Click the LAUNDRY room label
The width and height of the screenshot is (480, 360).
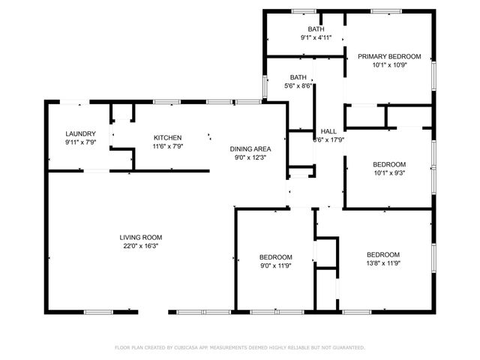[81, 133]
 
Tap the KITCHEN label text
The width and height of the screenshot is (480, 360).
[167, 138]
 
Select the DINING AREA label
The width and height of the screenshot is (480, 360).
[250, 149]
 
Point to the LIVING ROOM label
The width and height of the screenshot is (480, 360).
[141, 238]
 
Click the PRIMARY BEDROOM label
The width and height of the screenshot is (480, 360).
[388, 56]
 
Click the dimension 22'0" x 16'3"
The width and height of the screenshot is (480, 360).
[141, 246]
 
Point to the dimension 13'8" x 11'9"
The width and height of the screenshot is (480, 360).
[382, 263]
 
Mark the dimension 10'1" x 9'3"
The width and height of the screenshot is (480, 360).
[389, 173]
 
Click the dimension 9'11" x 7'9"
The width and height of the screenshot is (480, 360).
[81, 142]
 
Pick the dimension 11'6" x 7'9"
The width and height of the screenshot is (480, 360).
[167, 146]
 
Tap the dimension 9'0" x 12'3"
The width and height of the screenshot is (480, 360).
[250, 157]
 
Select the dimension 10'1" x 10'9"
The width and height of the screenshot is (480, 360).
[388, 65]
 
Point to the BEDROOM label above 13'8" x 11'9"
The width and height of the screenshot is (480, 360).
[382, 254]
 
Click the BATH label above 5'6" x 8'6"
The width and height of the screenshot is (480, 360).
[298, 77]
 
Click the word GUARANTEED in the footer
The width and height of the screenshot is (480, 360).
[347, 348]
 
